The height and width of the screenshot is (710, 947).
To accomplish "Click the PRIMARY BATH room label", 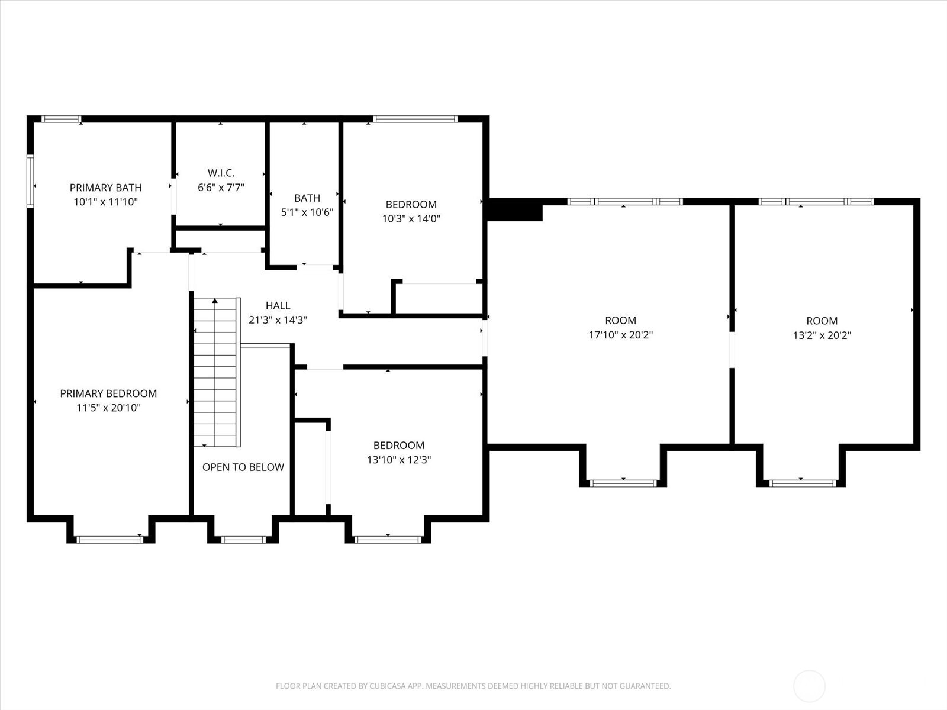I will pyautogui.click(x=105, y=188).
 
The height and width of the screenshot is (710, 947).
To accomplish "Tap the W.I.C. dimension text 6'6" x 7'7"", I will pyautogui.click(x=221, y=188).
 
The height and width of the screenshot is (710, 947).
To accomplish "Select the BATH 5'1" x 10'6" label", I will pyautogui.click(x=307, y=205).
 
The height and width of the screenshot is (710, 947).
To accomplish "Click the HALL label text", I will pyautogui.click(x=278, y=305).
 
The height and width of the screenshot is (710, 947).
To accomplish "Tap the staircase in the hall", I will pyautogui.click(x=217, y=373).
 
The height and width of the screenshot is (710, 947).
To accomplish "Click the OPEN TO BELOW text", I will pyautogui.click(x=243, y=467).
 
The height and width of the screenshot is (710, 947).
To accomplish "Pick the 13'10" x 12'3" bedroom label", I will pyautogui.click(x=399, y=453).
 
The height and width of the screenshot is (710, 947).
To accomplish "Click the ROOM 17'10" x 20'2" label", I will pyautogui.click(x=620, y=327).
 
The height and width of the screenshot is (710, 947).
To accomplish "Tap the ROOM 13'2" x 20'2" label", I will pyautogui.click(x=822, y=328).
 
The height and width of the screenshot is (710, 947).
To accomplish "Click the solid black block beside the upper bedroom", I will pyautogui.click(x=514, y=211).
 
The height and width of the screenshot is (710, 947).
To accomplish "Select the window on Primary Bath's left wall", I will pyautogui.click(x=30, y=181).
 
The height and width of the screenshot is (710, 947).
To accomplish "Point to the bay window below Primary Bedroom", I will pyautogui.click(x=110, y=539).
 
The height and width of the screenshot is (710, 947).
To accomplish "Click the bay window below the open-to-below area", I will pyautogui.click(x=243, y=539).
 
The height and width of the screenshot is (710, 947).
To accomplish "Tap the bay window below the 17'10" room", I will pyautogui.click(x=623, y=483).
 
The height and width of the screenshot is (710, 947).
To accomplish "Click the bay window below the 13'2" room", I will pyautogui.click(x=803, y=483).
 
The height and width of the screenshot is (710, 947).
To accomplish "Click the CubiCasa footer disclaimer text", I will pyautogui.click(x=473, y=686).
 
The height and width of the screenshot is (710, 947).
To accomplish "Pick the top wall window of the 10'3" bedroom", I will pyautogui.click(x=415, y=119).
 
